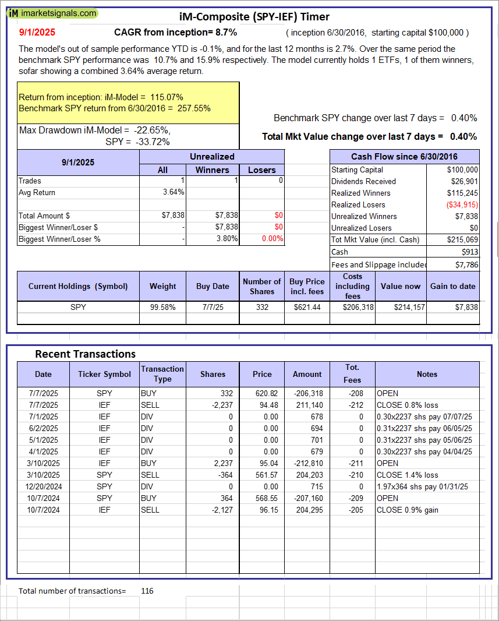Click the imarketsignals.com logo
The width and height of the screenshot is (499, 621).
(53, 13)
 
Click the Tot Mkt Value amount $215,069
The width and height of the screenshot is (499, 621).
(461, 239)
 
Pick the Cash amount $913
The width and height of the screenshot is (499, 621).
(469, 252)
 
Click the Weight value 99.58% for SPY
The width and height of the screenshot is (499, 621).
(163, 307)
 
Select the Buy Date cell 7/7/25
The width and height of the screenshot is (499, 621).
(213, 307)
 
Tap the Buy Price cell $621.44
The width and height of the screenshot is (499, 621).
(307, 307)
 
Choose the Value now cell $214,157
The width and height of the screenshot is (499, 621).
(401, 307)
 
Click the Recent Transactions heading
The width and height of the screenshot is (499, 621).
(85, 354)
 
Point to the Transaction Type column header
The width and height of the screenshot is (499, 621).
(162, 374)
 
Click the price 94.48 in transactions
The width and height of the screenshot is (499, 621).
(262, 405)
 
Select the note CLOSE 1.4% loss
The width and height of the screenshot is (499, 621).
(407, 475)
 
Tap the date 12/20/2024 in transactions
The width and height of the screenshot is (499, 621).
(43, 486)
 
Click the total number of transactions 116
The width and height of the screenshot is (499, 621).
(147, 591)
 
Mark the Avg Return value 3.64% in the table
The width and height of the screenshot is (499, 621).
(174, 192)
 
